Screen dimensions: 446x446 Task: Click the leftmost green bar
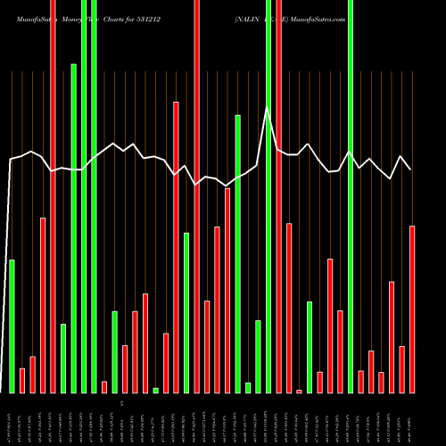click(x=12, y=326)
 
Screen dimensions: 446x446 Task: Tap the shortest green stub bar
click(x=155, y=390)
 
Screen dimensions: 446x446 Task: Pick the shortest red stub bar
click(x=299, y=391)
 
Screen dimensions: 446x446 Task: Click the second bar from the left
click(x=22, y=380)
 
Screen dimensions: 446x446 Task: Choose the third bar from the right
click(x=392, y=337)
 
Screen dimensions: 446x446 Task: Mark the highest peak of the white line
click(x=266, y=108)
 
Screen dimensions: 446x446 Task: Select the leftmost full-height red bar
click(x=53, y=196)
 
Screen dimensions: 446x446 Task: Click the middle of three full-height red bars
click(x=196, y=196)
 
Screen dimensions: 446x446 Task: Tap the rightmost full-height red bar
click(x=278, y=196)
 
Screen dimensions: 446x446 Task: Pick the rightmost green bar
click(x=351, y=196)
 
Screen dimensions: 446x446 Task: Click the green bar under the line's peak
click(x=268, y=196)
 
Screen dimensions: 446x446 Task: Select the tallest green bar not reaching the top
click(x=73, y=227)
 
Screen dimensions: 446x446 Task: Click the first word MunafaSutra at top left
click(x=34, y=19)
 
